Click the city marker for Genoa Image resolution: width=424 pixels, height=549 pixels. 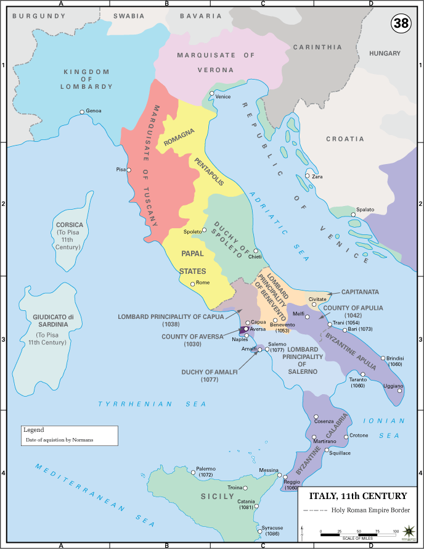point(81,112)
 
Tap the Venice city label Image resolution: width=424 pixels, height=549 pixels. point(223,97)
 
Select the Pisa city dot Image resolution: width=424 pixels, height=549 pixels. point(128,169)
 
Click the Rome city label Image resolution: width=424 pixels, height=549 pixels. point(203,283)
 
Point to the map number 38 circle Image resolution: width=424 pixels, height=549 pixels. point(401,23)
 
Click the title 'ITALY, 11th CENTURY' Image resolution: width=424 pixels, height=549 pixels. point(357,496)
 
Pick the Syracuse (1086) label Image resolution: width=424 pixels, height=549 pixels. point(271,530)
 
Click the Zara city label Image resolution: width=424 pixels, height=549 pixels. point(317,176)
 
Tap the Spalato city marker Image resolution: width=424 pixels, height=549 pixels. point(353,215)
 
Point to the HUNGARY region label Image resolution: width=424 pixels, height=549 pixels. point(385,54)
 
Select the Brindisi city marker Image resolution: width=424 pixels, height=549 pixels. point(383,358)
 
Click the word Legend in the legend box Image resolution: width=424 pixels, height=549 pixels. point(35,429)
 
